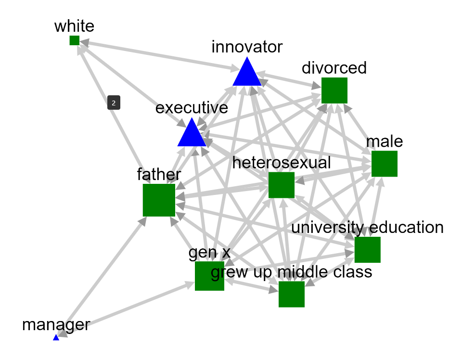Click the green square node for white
[x=74, y=40]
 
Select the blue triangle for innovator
[x=247, y=74]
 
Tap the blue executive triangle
[x=192, y=134]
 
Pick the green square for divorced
[x=334, y=90]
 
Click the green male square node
[x=384, y=164]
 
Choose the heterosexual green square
[x=281, y=185]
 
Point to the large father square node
[x=159, y=200]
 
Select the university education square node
[x=367, y=250]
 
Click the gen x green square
[x=209, y=276]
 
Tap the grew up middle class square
[x=291, y=294]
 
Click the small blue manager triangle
[x=56, y=338]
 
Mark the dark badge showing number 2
[x=114, y=103]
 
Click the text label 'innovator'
[x=247, y=47]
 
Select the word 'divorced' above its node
[x=334, y=68]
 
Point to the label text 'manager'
[x=56, y=325]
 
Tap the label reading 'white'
[x=74, y=26]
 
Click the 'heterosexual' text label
[x=282, y=163]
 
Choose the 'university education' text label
[x=367, y=227]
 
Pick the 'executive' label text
[x=192, y=108]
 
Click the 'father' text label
[x=159, y=174]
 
